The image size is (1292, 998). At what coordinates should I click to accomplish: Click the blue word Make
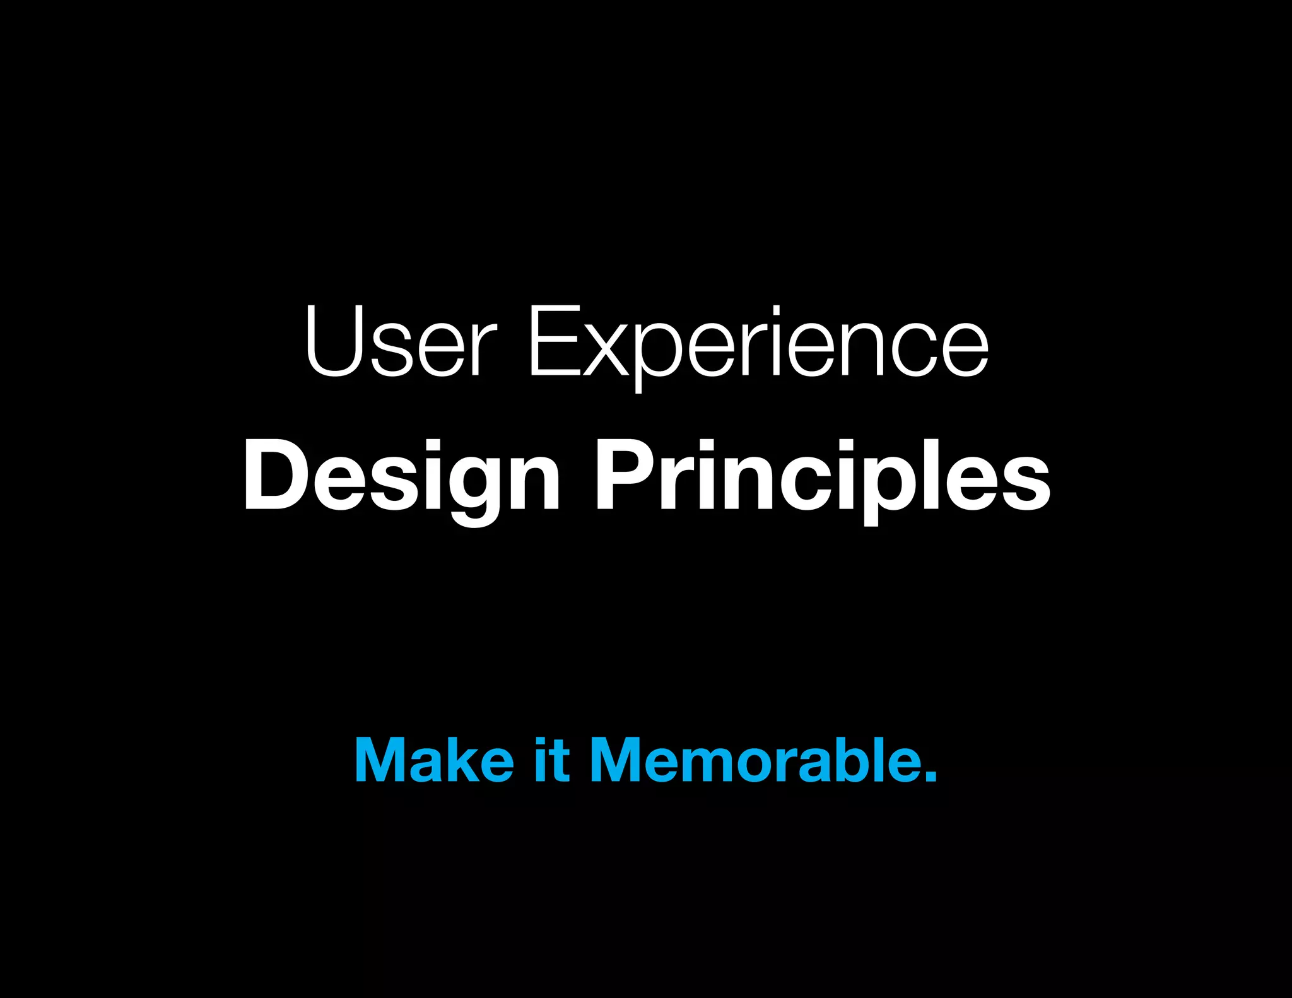(435, 760)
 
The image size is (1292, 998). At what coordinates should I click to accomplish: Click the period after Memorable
(931, 775)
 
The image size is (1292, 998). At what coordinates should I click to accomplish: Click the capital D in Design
(274, 473)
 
